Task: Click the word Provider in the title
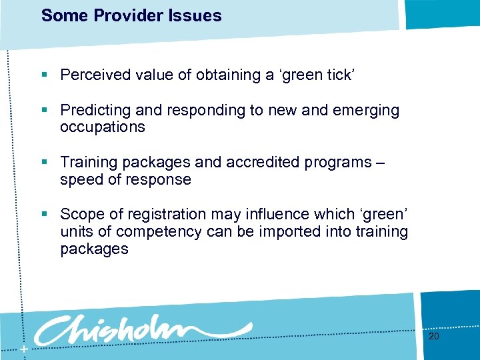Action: click(119, 15)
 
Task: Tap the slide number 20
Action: click(434, 337)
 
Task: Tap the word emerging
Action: click(366, 110)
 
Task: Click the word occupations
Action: click(102, 127)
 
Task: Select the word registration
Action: click(165, 214)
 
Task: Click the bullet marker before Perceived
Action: click(45, 75)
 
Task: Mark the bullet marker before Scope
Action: click(45, 214)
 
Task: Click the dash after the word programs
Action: click(380, 162)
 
